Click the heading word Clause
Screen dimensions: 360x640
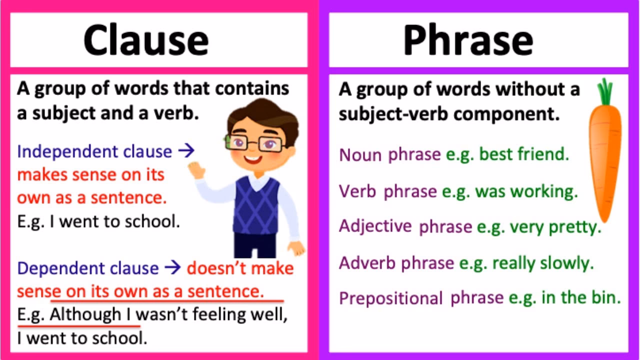145,40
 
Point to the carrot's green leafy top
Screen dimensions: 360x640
605,91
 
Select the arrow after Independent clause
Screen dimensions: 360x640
186,151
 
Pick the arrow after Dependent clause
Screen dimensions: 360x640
173,268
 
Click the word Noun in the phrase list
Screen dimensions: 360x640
360,155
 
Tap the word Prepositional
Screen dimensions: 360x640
390,299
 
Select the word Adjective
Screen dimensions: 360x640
375,226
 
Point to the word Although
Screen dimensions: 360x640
85,315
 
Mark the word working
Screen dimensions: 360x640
549,191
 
